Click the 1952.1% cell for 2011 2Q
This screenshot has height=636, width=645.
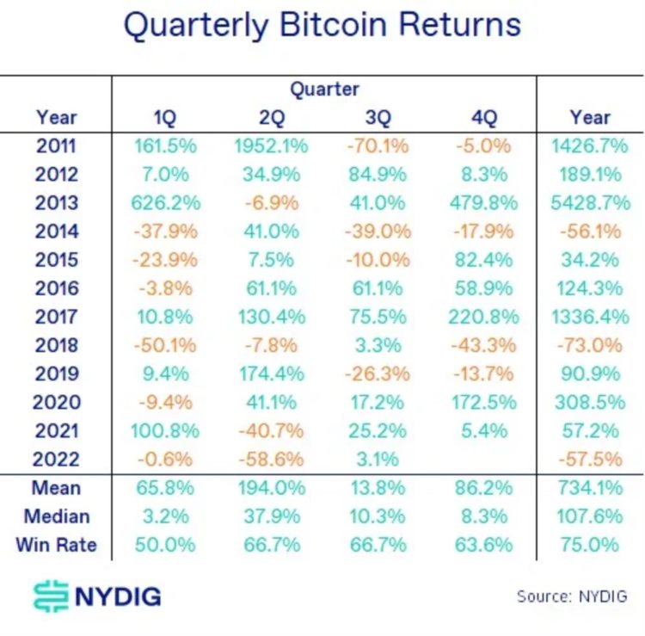click(270, 146)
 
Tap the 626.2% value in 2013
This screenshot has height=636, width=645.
click(168, 203)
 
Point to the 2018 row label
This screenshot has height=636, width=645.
click(57, 345)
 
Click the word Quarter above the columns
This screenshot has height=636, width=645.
click(324, 90)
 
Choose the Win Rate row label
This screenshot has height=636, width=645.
click(56, 545)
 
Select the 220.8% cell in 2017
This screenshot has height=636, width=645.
click(482, 317)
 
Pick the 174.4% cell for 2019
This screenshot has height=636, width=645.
click(270, 374)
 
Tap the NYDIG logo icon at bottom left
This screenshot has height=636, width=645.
click(52, 596)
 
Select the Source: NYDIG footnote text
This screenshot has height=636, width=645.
click(571, 596)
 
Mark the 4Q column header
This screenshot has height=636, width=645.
click(482, 118)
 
